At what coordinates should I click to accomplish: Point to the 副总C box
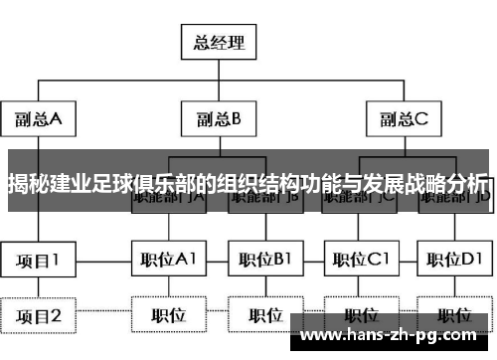[404, 120]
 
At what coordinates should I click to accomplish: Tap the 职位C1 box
[358, 261]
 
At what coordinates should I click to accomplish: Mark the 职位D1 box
[453, 261]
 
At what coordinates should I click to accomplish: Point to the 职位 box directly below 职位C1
[358, 316]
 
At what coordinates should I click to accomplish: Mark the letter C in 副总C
[420, 120]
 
